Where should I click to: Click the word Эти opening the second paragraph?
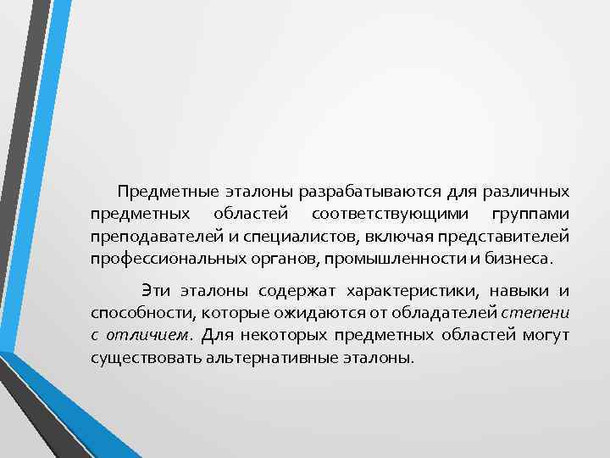(157, 293)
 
